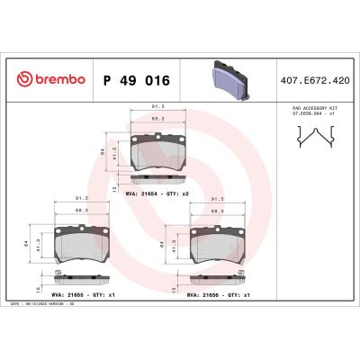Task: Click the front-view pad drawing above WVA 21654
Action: [x=160, y=150]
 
